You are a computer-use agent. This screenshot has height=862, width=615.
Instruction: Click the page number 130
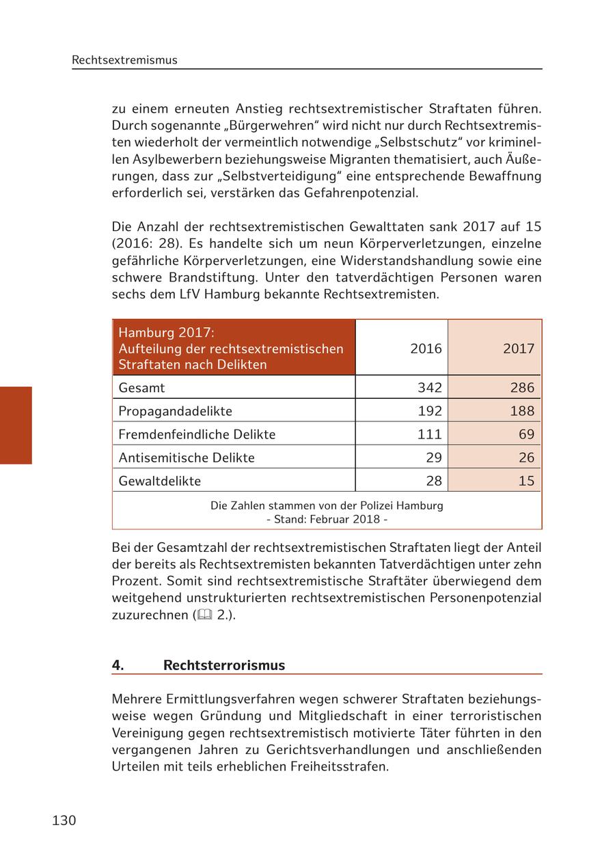[64, 820]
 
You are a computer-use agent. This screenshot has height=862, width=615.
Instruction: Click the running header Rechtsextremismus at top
[124, 60]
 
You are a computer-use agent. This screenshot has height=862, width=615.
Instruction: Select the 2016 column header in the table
[426, 348]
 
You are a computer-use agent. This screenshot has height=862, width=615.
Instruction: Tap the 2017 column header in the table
[518, 348]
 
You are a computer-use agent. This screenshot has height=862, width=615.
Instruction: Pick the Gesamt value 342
[429, 388]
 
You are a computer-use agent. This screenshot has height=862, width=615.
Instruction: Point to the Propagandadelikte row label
[175, 411]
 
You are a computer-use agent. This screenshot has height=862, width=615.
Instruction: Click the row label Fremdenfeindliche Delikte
[197, 434]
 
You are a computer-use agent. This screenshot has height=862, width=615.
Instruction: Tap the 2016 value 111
[429, 434]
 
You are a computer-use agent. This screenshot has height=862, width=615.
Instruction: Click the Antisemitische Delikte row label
[186, 458]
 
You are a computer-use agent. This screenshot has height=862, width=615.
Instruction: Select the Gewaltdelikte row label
[159, 481]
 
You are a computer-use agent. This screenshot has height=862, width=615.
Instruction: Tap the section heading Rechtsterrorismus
[223, 665]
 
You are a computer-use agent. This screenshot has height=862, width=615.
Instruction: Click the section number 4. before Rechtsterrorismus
[118, 665]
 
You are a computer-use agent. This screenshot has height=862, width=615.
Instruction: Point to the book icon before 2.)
[204, 615]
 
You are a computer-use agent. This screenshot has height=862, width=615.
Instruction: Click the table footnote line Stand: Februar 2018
[327, 519]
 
